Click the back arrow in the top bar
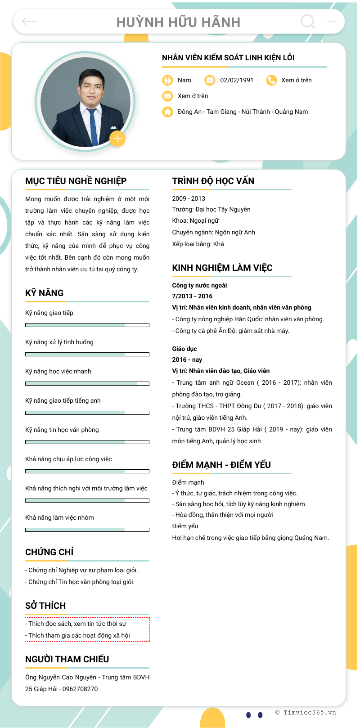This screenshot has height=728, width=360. [x=30, y=21]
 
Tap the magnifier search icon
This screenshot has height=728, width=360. [x=308, y=21]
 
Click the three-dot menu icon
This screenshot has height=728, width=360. [x=331, y=21]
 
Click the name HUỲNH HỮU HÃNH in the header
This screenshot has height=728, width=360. [x=179, y=22]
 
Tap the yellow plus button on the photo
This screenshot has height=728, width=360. [x=117, y=139]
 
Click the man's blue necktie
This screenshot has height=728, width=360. [x=93, y=124]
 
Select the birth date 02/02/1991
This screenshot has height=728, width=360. [x=237, y=80]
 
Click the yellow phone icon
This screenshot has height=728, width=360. [x=271, y=80]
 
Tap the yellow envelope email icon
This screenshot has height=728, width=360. [x=167, y=96]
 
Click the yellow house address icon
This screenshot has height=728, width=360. [x=167, y=112]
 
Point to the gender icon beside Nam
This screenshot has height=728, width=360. [x=167, y=80]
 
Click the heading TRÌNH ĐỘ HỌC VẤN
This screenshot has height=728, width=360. [x=213, y=181]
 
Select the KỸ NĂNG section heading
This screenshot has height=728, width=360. [x=45, y=293]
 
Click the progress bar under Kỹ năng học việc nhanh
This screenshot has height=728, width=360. [x=87, y=383]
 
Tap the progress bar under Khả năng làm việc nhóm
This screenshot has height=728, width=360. [x=87, y=530]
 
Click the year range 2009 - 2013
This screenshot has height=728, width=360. [x=189, y=198]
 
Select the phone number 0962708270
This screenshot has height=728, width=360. [x=80, y=689]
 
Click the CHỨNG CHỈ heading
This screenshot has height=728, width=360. [x=49, y=552]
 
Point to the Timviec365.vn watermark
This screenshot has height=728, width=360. [x=306, y=712]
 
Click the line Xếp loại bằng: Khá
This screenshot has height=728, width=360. [x=198, y=244]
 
